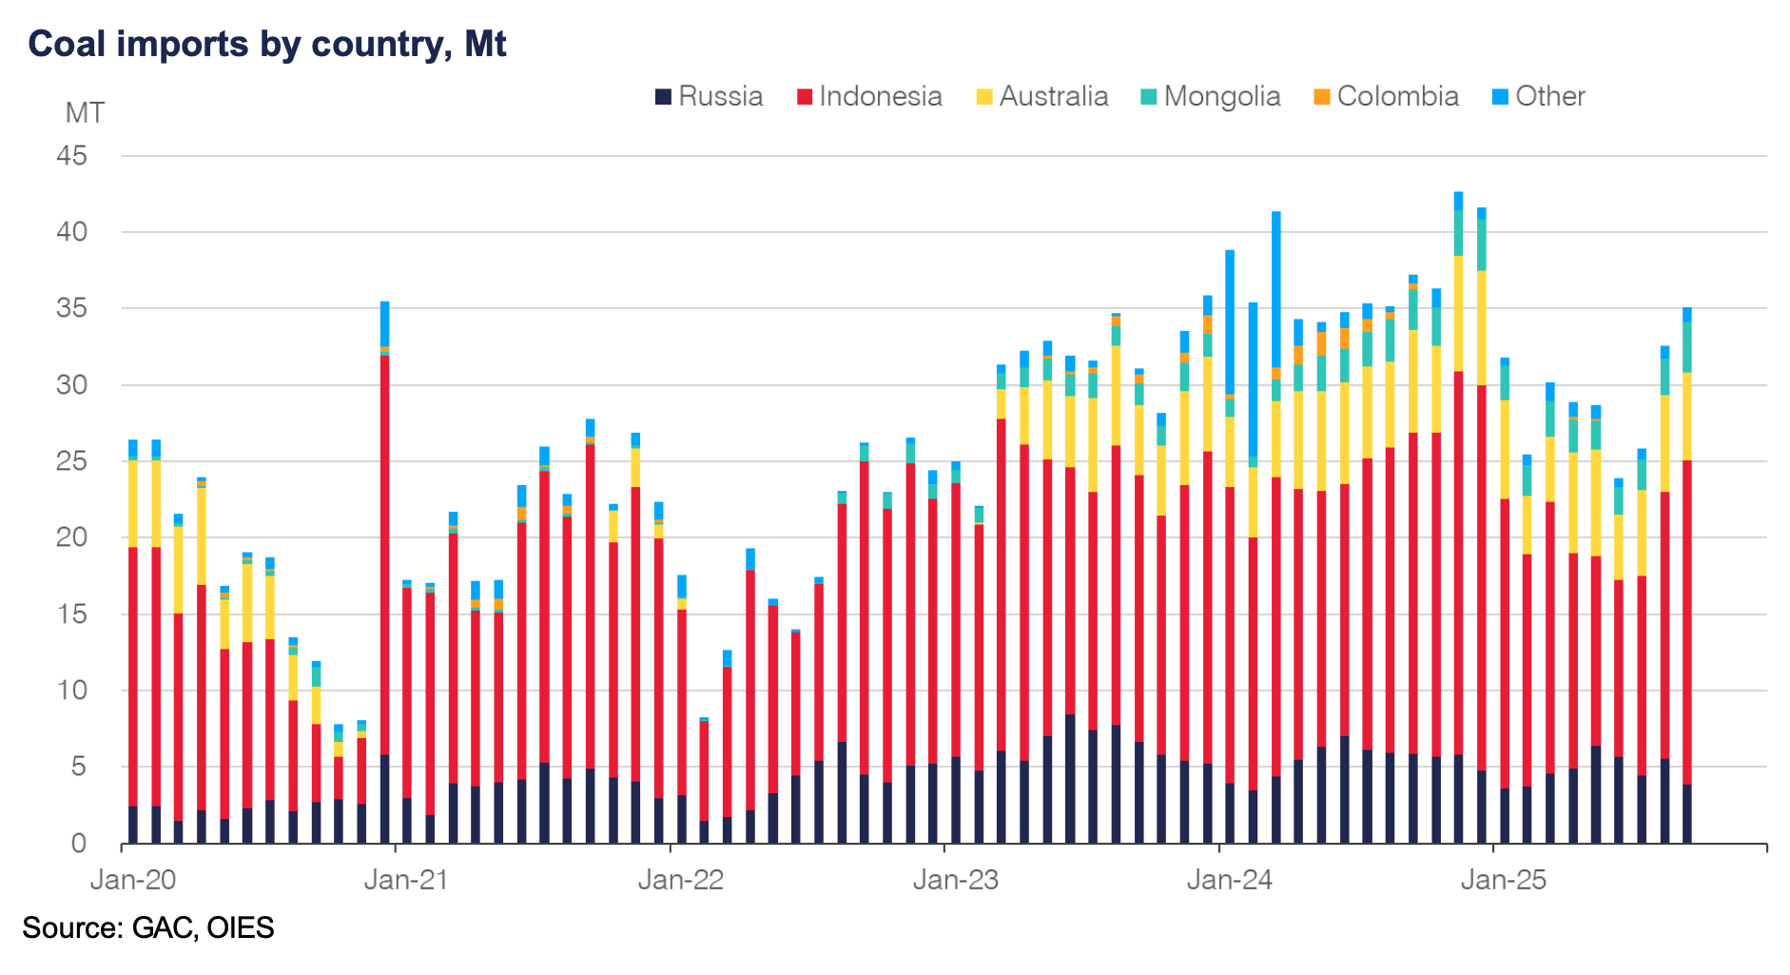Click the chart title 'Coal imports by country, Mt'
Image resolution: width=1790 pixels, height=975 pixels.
267,45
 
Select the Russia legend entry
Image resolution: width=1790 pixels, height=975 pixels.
709,96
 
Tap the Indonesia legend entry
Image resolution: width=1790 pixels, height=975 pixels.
869,96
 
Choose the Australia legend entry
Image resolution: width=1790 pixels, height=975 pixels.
1042,96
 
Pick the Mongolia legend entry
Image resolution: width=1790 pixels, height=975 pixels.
1211,96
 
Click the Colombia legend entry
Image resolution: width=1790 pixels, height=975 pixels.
1386,96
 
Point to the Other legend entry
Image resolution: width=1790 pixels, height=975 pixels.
1538,96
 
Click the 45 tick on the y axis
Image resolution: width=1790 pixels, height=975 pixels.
72,156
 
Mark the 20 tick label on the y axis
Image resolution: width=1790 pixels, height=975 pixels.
72,537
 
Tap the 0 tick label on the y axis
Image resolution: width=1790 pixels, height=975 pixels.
79,844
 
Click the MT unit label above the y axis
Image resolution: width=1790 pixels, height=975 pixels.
85,113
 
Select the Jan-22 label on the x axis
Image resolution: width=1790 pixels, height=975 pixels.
681,880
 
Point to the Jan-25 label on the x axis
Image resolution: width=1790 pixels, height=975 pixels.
1504,880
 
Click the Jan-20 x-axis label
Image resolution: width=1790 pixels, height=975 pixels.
133,880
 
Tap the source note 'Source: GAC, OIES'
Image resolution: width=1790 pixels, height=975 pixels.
148,927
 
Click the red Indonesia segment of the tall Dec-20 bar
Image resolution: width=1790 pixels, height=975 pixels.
384,552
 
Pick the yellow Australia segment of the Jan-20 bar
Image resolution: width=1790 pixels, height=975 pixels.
133,503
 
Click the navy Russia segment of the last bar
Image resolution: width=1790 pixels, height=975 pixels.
1687,814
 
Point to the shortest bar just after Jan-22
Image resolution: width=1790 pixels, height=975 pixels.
704,780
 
